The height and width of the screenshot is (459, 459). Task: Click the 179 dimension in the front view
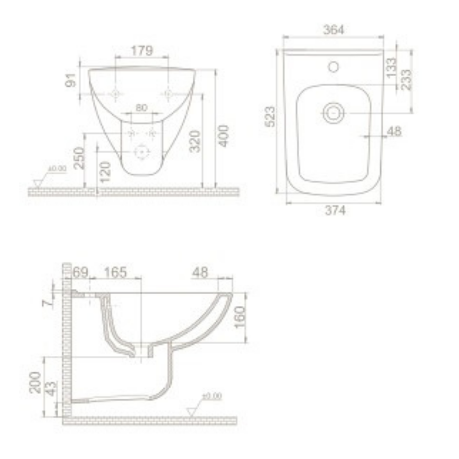(142, 50)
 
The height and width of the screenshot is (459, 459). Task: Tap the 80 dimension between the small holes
(141, 108)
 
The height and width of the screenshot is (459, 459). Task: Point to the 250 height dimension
(79, 158)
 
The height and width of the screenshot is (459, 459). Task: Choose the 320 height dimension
(195, 142)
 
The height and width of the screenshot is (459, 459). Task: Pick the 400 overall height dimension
(223, 136)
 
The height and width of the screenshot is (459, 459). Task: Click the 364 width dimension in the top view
(334, 29)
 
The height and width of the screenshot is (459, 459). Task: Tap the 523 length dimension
(270, 117)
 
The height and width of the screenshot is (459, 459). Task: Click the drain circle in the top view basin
(333, 112)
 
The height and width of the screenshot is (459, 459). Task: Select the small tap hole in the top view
(333, 67)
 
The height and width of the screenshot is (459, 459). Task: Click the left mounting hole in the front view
(116, 94)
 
